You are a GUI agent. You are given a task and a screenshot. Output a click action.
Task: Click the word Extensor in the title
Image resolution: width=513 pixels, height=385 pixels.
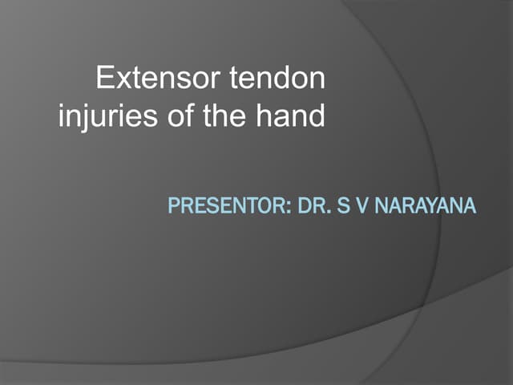point(157,79)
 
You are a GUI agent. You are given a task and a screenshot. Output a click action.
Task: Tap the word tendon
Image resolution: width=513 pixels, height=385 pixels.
point(277,79)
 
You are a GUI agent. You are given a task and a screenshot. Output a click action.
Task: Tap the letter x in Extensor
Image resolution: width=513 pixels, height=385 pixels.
point(121,79)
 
